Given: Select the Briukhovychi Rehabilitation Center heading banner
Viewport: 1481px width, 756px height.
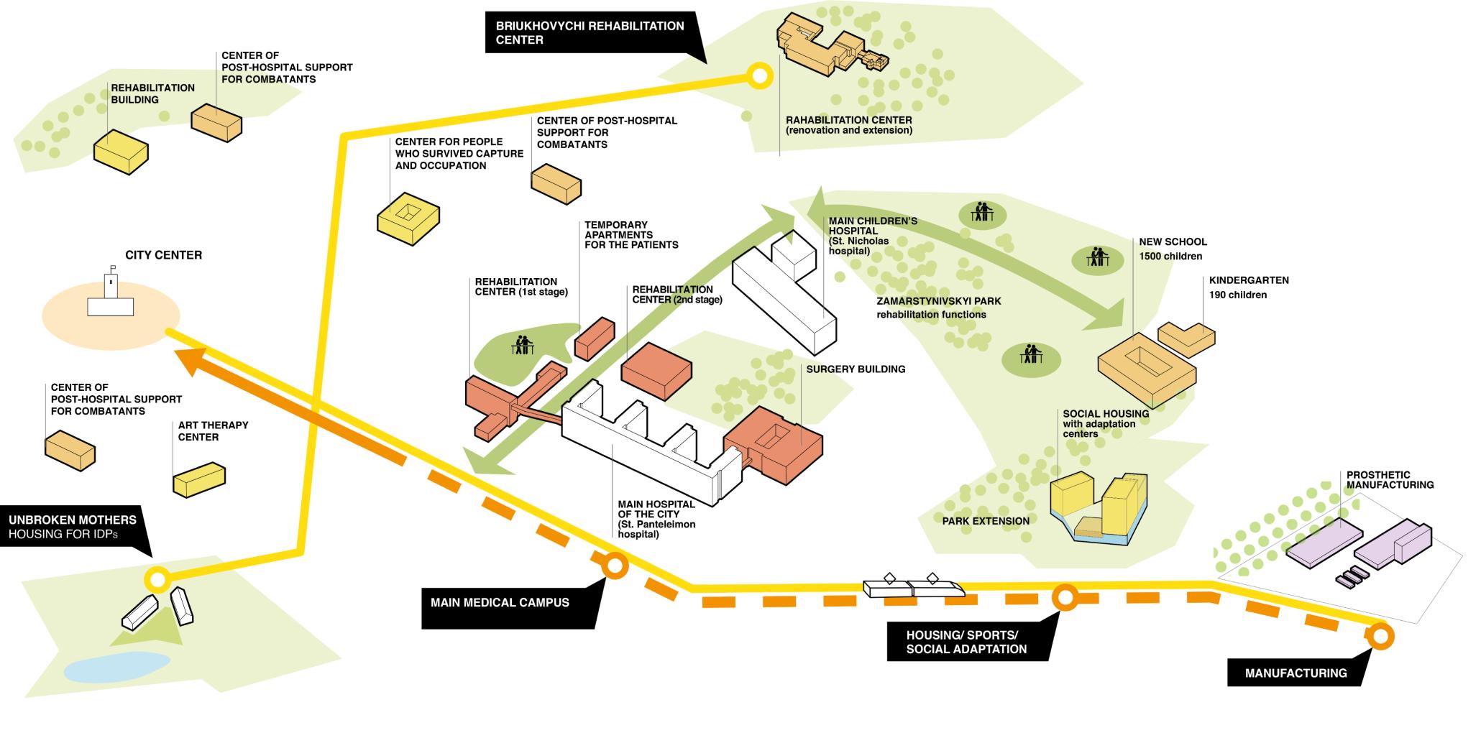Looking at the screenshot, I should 590,33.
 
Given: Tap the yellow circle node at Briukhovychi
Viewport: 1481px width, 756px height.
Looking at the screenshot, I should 758,75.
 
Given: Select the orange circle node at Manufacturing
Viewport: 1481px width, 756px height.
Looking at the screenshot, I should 1380,636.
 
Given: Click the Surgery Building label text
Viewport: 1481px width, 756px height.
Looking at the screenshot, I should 856,369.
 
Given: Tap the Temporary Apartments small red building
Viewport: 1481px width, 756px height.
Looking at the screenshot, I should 595,340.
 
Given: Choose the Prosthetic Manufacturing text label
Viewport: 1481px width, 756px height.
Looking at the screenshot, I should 1390,480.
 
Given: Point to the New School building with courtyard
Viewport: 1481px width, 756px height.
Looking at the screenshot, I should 1146,371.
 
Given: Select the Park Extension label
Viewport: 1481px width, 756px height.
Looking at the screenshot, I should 986,521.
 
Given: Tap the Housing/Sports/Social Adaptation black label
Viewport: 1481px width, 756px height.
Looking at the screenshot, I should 966,642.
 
